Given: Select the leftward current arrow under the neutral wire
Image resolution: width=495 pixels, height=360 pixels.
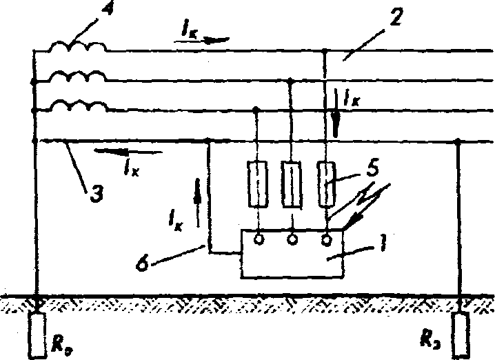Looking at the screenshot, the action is (128, 150).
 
